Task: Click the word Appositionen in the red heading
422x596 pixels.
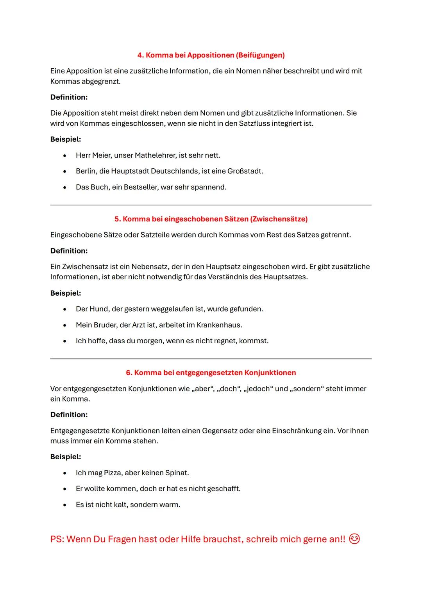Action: click(x=210, y=55)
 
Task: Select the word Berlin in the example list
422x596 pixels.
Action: click(x=86, y=171)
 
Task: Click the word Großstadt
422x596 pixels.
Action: click(x=245, y=171)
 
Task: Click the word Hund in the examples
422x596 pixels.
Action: click(x=99, y=309)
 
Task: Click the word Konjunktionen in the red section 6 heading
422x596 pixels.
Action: click(x=270, y=373)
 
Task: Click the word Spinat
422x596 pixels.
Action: click(x=177, y=473)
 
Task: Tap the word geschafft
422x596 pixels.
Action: click(x=224, y=489)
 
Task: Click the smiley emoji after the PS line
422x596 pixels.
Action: click(x=354, y=539)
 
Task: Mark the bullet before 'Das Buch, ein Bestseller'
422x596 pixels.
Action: click(x=64, y=187)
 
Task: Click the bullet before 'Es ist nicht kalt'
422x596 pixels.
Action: click(x=64, y=505)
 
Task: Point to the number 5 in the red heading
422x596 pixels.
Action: click(x=117, y=219)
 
